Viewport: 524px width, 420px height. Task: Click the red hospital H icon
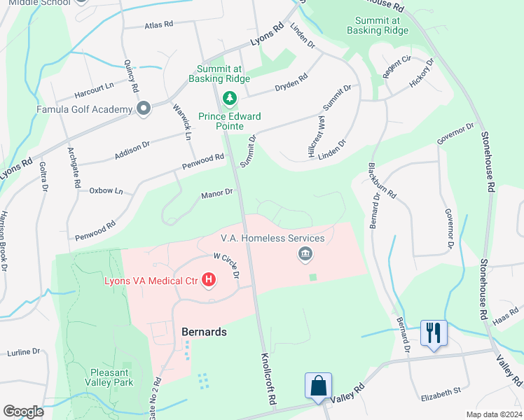click(x=208, y=281)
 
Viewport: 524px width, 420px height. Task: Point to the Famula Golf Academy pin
click(x=144, y=108)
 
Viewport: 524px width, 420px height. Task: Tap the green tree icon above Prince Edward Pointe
click(x=228, y=97)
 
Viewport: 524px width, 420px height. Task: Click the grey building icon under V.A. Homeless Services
click(x=305, y=253)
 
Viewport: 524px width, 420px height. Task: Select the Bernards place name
click(x=204, y=332)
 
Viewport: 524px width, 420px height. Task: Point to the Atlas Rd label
click(x=158, y=24)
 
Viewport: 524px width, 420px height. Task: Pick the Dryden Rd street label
click(x=292, y=82)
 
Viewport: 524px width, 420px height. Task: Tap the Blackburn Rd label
click(x=382, y=181)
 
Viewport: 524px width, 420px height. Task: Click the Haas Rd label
click(x=504, y=319)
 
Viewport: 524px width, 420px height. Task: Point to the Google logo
click(x=23, y=411)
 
